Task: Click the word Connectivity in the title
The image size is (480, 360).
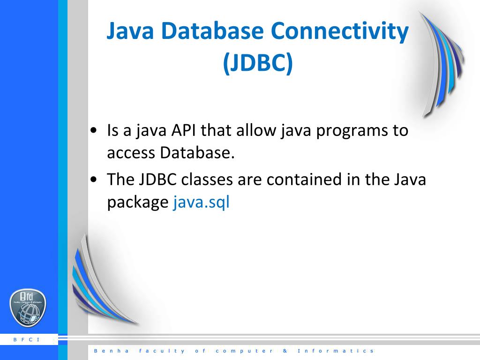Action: pos(340,31)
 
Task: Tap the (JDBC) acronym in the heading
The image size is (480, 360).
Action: pos(257,63)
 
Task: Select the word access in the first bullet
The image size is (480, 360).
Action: pos(131,153)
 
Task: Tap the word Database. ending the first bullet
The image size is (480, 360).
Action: pos(197,153)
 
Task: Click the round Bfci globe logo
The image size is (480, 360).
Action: pos(28,308)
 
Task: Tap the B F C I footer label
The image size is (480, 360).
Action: pos(27,340)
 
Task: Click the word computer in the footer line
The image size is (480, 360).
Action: pos(244,351)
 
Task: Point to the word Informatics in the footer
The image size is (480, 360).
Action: pos(336,351)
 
